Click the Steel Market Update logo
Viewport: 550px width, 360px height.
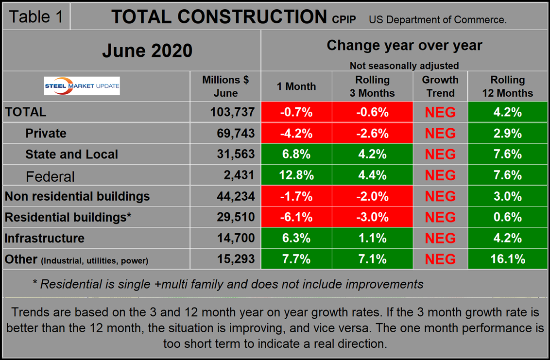[x=82, y=86]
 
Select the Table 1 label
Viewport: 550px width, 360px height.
[x=36, y=17]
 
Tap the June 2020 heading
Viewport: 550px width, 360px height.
[x=147, y=51]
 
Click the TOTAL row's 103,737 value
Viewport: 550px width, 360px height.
[x=232, y=112]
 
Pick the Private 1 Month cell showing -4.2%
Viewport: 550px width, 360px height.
[x=296, y=133]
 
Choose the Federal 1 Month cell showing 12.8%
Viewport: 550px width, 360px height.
[x=296, y=175]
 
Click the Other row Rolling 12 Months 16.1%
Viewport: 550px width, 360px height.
[x=507, y=259]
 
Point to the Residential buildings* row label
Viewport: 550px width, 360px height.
[x=68, y=217]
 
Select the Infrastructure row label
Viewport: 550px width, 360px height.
[x=45, y=238]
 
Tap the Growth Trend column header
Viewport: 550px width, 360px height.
[x=440, y=86]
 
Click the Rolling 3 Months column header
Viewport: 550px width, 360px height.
[x=372, y=86]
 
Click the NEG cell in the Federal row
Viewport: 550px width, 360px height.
[x=440, y=175]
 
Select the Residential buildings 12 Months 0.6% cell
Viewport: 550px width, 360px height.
[x=507, y=217]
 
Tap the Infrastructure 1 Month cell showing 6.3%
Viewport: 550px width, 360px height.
[x=296, y=238]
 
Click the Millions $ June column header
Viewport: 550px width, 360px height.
[x=225, y=86]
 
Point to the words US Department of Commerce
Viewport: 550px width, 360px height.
[x=438, y=19]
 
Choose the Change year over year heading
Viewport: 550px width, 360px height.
[x=404, y=45]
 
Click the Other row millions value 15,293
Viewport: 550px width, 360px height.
[x=232, y=259]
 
